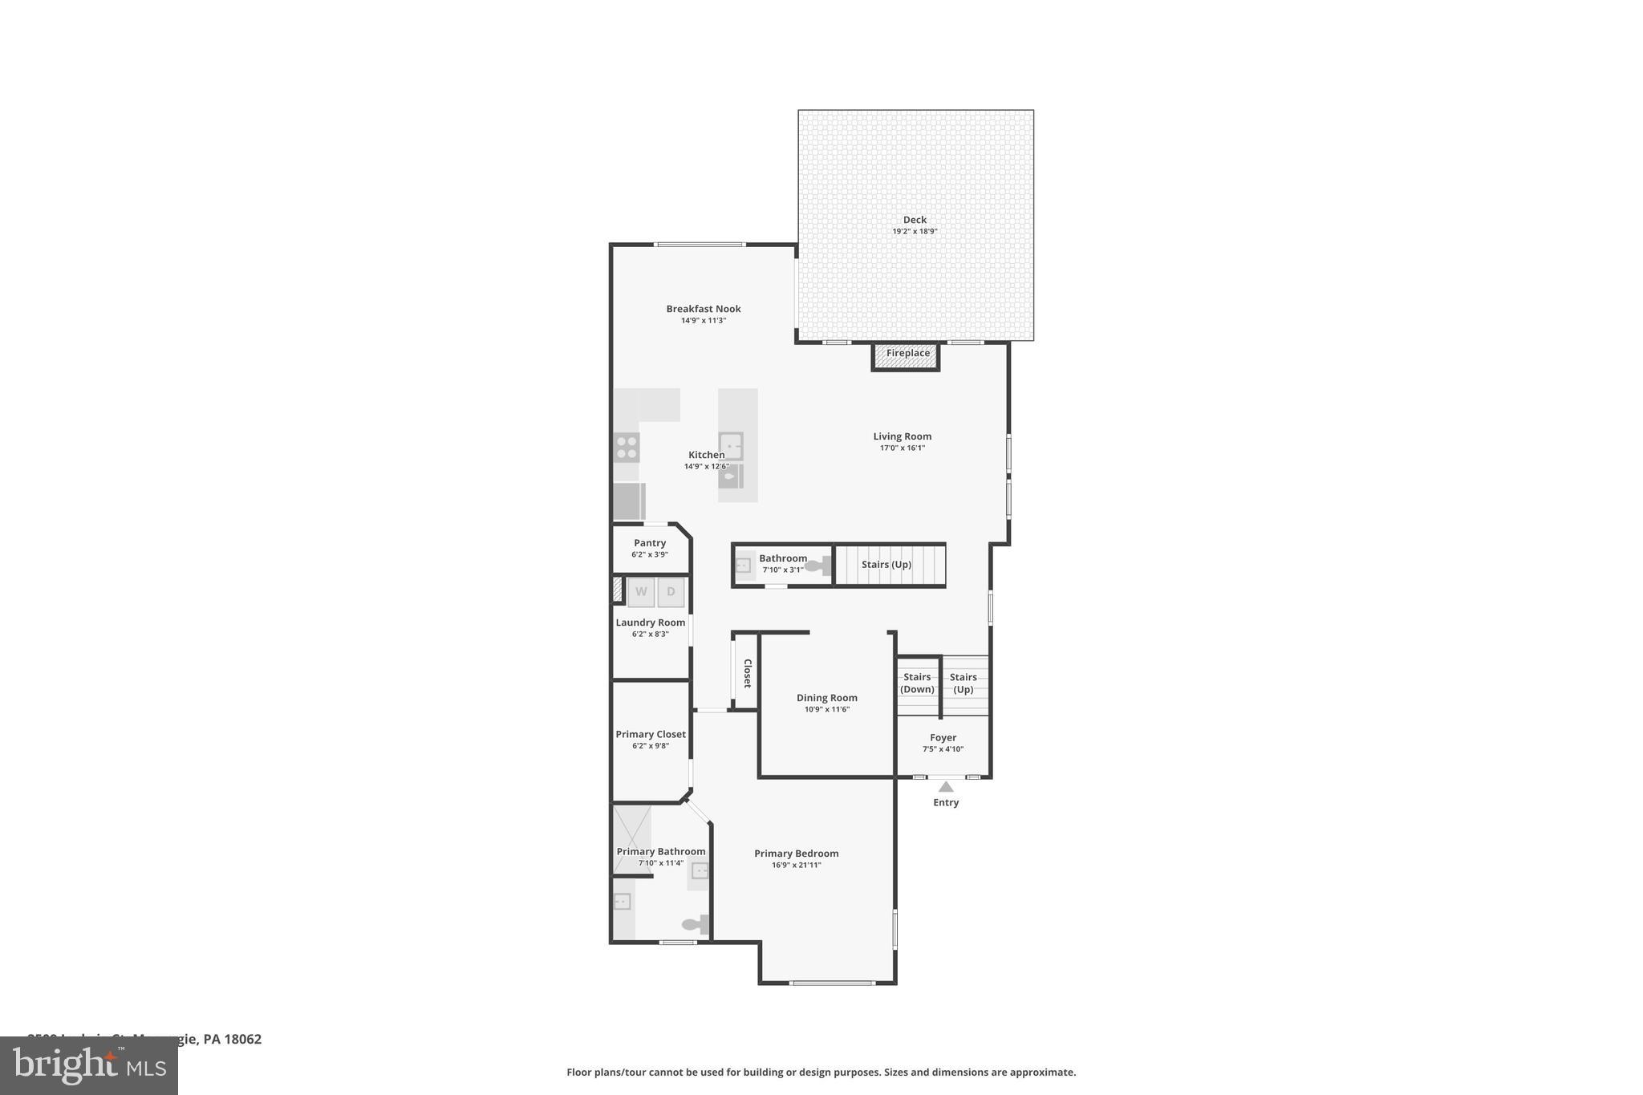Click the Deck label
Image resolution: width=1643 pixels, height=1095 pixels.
pyautogui.click(x=915, y=220)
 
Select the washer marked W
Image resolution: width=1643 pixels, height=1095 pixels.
pyautogui.click(x=641, y=592)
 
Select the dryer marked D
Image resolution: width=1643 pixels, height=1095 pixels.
pyautogui.click(x=671, y=592)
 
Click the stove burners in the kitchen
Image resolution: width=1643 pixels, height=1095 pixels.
pyautogui.click(x=627, y=447)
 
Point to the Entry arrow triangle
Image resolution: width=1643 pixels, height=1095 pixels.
pyautogui.click(x=946, y=787)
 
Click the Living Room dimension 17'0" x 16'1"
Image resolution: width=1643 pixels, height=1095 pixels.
pyautogui.click(x=902, y=448)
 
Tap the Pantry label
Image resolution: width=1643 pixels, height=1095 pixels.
pyautogui.click(x=650, y=543)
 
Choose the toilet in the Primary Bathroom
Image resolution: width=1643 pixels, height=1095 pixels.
pyautogui.click(x=696, y=924)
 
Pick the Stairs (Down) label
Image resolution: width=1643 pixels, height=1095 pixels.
pyautogui.click(x=917, y=683)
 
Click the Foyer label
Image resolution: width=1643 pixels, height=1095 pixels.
pyautogui.click(x=943, y=738)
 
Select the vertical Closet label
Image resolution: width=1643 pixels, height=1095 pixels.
pyautogui.click(x=747, y=673)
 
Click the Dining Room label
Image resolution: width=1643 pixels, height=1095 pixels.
pyautogui.click(x=826, y=698)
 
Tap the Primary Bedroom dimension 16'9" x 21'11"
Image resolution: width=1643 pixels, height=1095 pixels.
pyautogui.click(x=796, y=866)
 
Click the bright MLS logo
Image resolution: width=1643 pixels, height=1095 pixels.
pyautogui.click(x=88, y=1065)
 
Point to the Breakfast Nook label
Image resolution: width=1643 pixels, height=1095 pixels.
pyautogui.click(x=704, y=309)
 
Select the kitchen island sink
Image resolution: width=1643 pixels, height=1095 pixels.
pyautogui.click(x=731, y=444)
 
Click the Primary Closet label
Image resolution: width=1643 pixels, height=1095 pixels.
pyautogui.click(x=651, y=734)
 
